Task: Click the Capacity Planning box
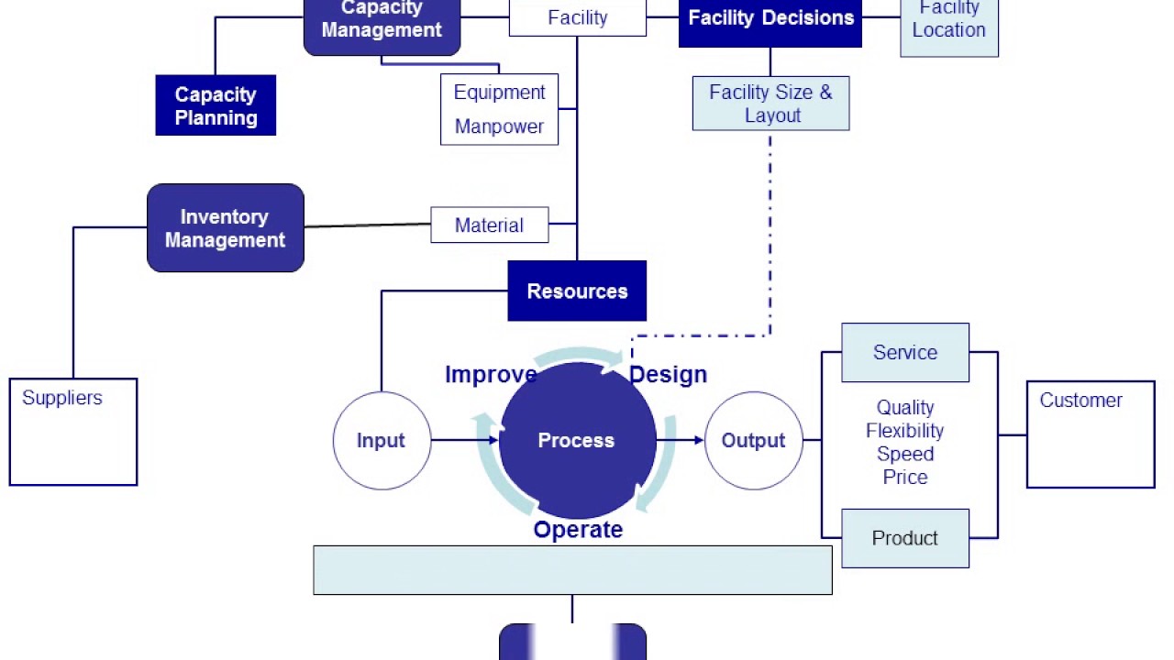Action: (x=216, y=105)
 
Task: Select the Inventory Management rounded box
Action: (x=225, y=228)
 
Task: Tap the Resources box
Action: (x=577, y=291)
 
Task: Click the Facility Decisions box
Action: (x=770, y=18)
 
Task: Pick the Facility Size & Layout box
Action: (x=770, y=104)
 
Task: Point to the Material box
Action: (x=489, y=225)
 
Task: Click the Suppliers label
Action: (x=62, y=398)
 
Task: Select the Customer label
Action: (x=1080, y=401)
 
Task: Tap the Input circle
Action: (x=381, y=441)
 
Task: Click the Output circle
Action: (x=753, y=441)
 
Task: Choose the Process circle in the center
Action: (x=576, y=441)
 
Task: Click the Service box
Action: (x=904, y=353)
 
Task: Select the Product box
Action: (x=904, y=539)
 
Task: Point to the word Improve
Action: (x=491, y=375)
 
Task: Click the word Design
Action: (x=668, y=375)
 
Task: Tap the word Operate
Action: (x=578, y=530)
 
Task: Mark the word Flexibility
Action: (x=904, y=431)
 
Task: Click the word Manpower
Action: (x=499, y=126)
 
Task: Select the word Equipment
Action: (x=499, y=93)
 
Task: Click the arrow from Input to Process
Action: (x=463, y=441)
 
